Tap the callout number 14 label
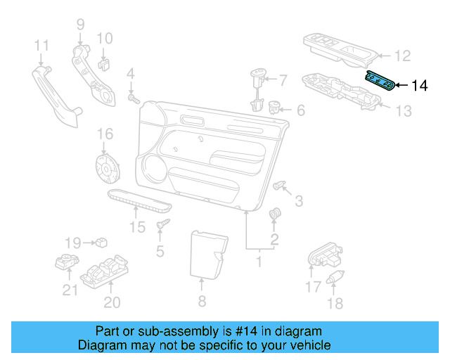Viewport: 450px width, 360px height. pos(418,86)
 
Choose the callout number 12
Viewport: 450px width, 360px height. pos(401,55)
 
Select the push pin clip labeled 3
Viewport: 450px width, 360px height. pos(280,185)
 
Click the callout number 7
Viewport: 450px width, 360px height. pos(282,79)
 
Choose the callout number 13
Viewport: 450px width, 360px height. pos(402,111)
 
